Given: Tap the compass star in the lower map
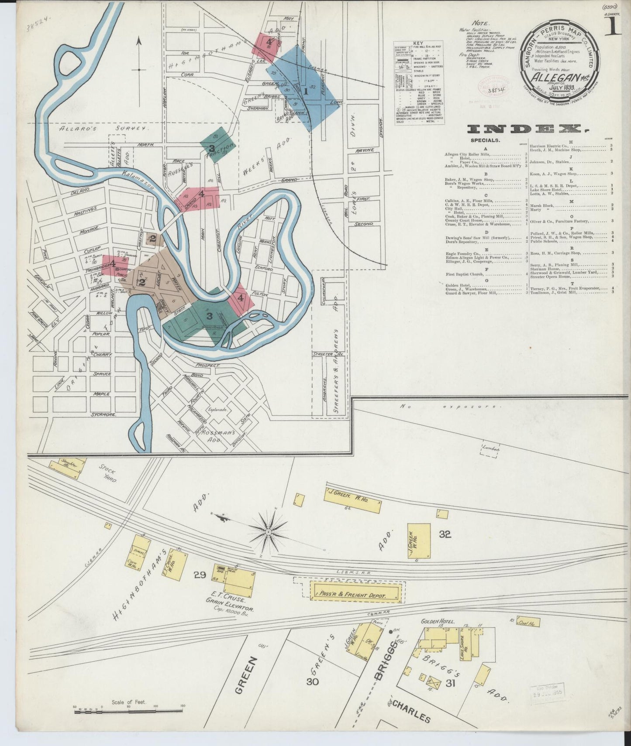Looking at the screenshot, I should pos(267,532).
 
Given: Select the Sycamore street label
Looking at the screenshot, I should pos(103,414).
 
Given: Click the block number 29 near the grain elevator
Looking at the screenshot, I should pos(200,575).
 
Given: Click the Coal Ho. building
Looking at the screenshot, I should pos(527,621).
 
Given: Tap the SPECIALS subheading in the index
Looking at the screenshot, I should pos(485,140).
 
